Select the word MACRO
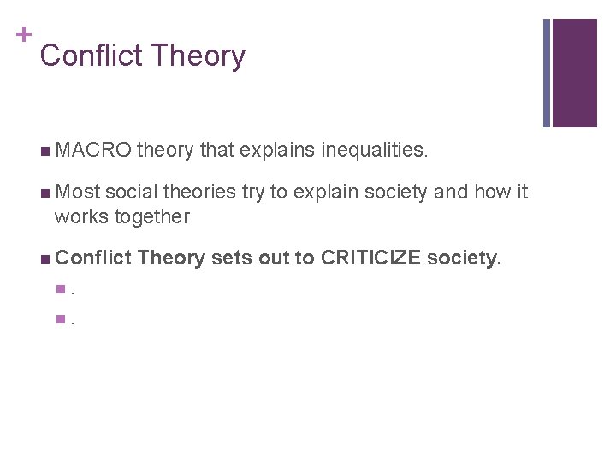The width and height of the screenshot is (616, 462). click(x=92, y=151)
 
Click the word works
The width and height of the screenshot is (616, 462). click(x=79, y=216)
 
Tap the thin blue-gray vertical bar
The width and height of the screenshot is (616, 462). click(x=548, y=73)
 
